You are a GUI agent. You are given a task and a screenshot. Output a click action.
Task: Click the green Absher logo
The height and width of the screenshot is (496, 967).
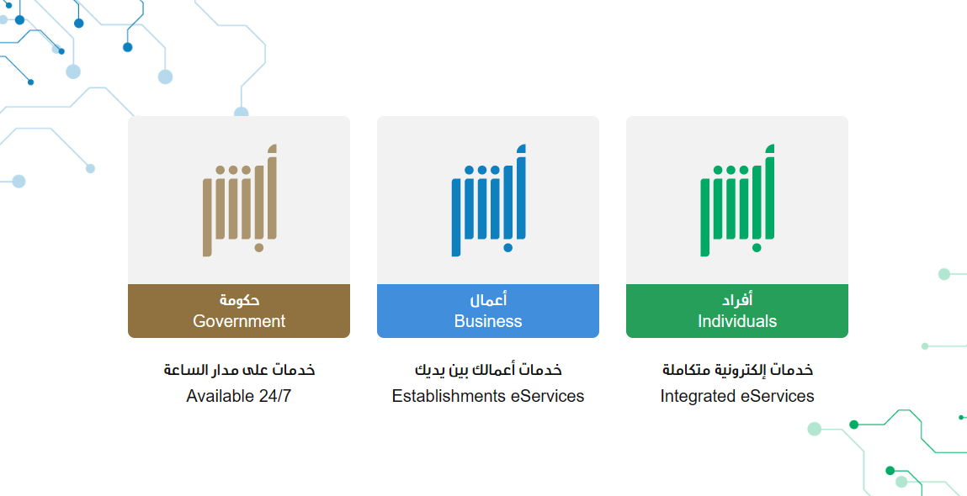point(737,200)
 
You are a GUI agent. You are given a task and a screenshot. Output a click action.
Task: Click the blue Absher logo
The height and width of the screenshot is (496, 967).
point(488,200)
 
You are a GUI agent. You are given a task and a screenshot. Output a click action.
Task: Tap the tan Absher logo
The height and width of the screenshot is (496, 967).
point(239,200)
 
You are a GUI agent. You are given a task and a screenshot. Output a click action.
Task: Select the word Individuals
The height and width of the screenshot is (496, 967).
point(737,321)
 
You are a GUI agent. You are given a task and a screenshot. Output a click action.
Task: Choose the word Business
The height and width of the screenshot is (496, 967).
point(488,321)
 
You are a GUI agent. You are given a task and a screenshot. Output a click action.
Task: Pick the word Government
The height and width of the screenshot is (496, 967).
point(239,321)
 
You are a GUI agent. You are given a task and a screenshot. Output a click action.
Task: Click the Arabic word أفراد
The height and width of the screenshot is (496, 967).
point(737,300)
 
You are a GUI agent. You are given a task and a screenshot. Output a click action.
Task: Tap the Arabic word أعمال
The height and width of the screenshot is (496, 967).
point(488,300)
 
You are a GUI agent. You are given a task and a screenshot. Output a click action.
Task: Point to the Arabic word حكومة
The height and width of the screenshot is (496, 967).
point(239,301)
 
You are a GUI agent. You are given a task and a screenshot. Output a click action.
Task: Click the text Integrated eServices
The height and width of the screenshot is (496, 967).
point(737,396)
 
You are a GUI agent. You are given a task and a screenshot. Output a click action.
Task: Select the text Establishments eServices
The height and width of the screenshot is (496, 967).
point(488,396)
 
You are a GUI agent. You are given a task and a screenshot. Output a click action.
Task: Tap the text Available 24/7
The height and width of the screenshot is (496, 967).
point(239,396)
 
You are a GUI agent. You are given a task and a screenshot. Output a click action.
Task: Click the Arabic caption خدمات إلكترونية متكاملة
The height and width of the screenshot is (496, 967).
point(737,370)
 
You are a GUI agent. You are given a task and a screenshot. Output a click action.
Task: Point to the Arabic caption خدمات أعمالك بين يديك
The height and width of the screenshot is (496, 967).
point(488,370)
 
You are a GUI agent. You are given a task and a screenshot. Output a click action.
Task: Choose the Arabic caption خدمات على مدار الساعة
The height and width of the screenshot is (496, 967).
point(239,370)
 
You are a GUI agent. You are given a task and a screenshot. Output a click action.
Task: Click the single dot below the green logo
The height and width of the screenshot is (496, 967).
point(757,248)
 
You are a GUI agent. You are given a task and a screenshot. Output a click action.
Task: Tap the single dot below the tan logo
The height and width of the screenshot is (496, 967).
point(259,248)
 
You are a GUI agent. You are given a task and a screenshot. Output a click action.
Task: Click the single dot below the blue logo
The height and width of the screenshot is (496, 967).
point(507,248)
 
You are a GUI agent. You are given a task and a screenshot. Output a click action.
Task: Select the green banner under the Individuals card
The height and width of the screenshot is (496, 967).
point(737,311)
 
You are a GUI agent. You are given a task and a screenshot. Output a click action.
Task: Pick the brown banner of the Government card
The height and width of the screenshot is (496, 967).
point(239,311)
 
